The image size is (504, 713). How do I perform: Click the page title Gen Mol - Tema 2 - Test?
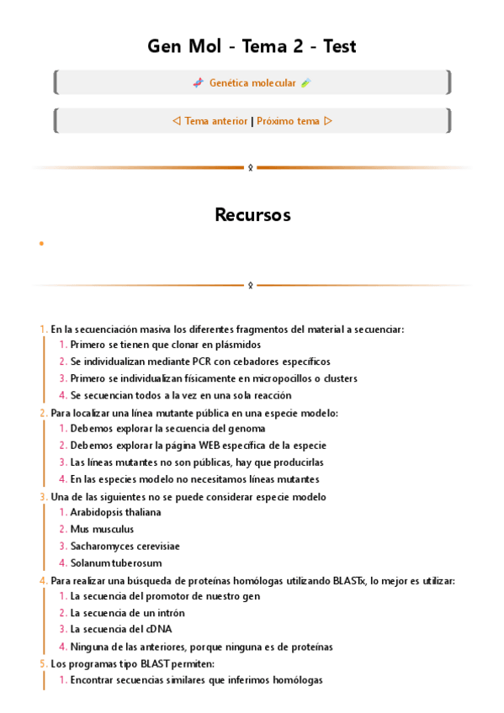click(x=252, y=47)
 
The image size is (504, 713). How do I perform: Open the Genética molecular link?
click(x=252, y=83)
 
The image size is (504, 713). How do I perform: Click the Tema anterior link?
click(x=215, y=121)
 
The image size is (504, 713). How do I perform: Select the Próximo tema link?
click(x=288, y=121)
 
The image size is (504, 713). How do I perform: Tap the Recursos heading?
click(x=252, y=215)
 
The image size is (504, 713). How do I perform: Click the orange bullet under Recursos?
click(x=41, y=244)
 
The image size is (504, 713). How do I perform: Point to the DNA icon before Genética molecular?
click(x=198, y=83)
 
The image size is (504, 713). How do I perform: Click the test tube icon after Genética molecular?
click(x=305, y=83)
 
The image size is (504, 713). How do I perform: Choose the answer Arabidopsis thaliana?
click(x=115, y=512)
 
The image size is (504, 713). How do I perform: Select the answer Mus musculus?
click(x=102, y=529)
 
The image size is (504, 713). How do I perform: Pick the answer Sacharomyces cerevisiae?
click(x=125, y=546)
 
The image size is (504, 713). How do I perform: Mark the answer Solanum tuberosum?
click(x=115, y=563)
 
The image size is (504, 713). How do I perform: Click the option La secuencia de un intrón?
click(x=127, y=613)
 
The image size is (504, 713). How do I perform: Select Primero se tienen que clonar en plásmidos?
click(x=165, y=345)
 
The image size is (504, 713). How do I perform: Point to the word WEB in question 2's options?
click(x=214, y=446)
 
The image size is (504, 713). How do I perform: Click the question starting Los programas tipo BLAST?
click(x=132, y=663)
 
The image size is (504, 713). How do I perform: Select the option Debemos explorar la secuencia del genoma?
click(x=167, y=429)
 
